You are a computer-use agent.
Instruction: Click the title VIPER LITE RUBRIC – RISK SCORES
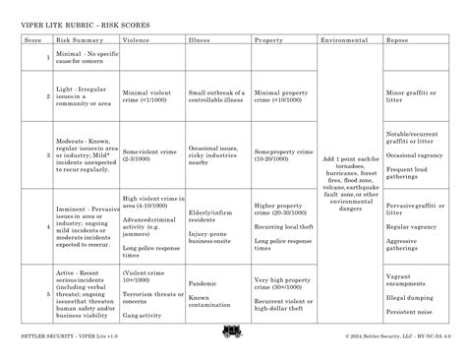(x=87, y=21)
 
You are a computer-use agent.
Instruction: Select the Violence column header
(x=136, y=40)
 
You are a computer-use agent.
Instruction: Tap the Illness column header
(x=200, y=40)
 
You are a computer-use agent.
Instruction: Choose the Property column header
(x=269, y=40)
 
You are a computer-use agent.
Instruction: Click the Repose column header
(x=397, y=40)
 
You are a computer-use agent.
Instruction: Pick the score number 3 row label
(x=47, y=153)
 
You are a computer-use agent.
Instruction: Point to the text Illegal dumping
(x=410, y=296)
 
